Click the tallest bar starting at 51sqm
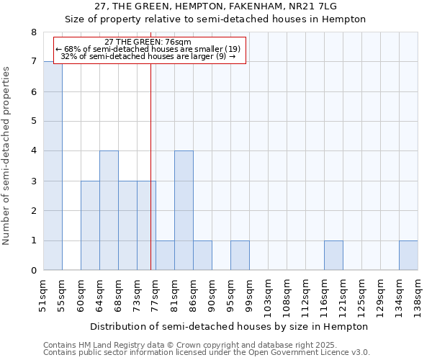pos(53,166)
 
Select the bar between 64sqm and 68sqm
pos(109,210)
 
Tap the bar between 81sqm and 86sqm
pos(184,210)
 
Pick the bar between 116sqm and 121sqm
pos(333,255)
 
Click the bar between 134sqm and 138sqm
pos(408,255)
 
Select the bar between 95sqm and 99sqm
pos(240,255)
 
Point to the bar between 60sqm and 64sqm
pos(90,225)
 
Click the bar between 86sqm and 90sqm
pos(202,255)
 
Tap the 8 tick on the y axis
pos(33,32)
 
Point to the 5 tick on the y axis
pos(33,122)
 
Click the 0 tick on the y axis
pos(33,271)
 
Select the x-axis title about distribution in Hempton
pos(230,326)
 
